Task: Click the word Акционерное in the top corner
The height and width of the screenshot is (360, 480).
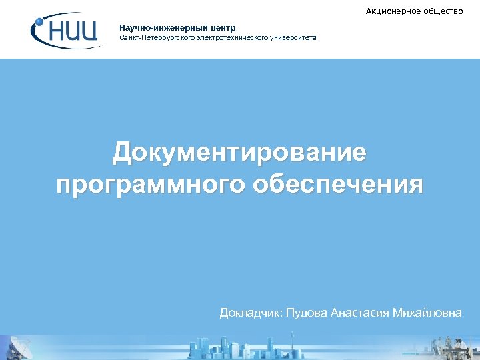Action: (x=393, y=11)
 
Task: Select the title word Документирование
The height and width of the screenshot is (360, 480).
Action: (x=239, y=153)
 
